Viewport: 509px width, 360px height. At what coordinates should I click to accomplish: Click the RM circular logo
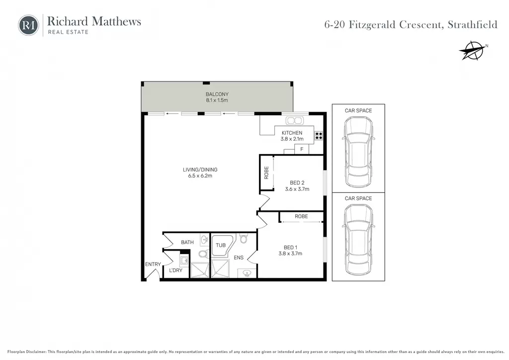pyautogui.click(x=28, y=25)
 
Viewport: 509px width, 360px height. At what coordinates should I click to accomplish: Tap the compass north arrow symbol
pyautogui.click(x=472, y=51)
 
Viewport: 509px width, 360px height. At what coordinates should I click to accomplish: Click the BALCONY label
pyautogui.click(x=217, y=94)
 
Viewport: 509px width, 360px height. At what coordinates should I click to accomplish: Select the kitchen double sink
pyautogui.click(x=294, y=121)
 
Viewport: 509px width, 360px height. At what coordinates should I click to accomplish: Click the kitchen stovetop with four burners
pyautogui.click(x=319, y=136)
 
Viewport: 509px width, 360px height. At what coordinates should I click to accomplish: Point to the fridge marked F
pyautogui.click(x=302, y=149)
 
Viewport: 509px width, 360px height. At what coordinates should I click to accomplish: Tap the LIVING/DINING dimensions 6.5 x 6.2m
pyautogui.click(x=200, y=176)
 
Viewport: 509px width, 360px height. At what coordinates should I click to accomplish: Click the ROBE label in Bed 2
pyautogui.click(x=266, y=173)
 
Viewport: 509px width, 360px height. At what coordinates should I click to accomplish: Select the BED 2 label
pyautogui.click(x=297, y=183)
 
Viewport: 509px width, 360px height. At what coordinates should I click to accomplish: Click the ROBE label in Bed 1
pyautogui.click(x=301, y=216)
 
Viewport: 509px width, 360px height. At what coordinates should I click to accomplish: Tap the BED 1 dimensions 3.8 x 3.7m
pyautogui.click(x=290, y=254)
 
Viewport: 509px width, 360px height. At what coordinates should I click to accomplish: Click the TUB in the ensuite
pyautogui.click(x=222, y=246)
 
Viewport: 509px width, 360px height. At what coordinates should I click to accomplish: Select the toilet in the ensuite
pyautogui.click(x=244, y=239)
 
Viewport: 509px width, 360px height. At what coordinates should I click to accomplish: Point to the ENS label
pyautogui.click(x=239, y=258)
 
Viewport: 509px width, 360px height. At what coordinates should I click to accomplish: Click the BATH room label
pyautogui.click(x=187, y=242)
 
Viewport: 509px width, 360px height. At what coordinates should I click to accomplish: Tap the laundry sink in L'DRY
pyautogui.click(x=184, y=261)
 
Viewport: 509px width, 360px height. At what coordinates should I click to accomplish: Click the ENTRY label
pyautogui.click(x=153, y=264)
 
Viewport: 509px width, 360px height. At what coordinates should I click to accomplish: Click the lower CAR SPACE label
pyautogui.click(x=358, y=198)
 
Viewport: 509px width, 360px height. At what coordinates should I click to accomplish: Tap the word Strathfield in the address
pyautogui.click(x=472, y=25)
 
